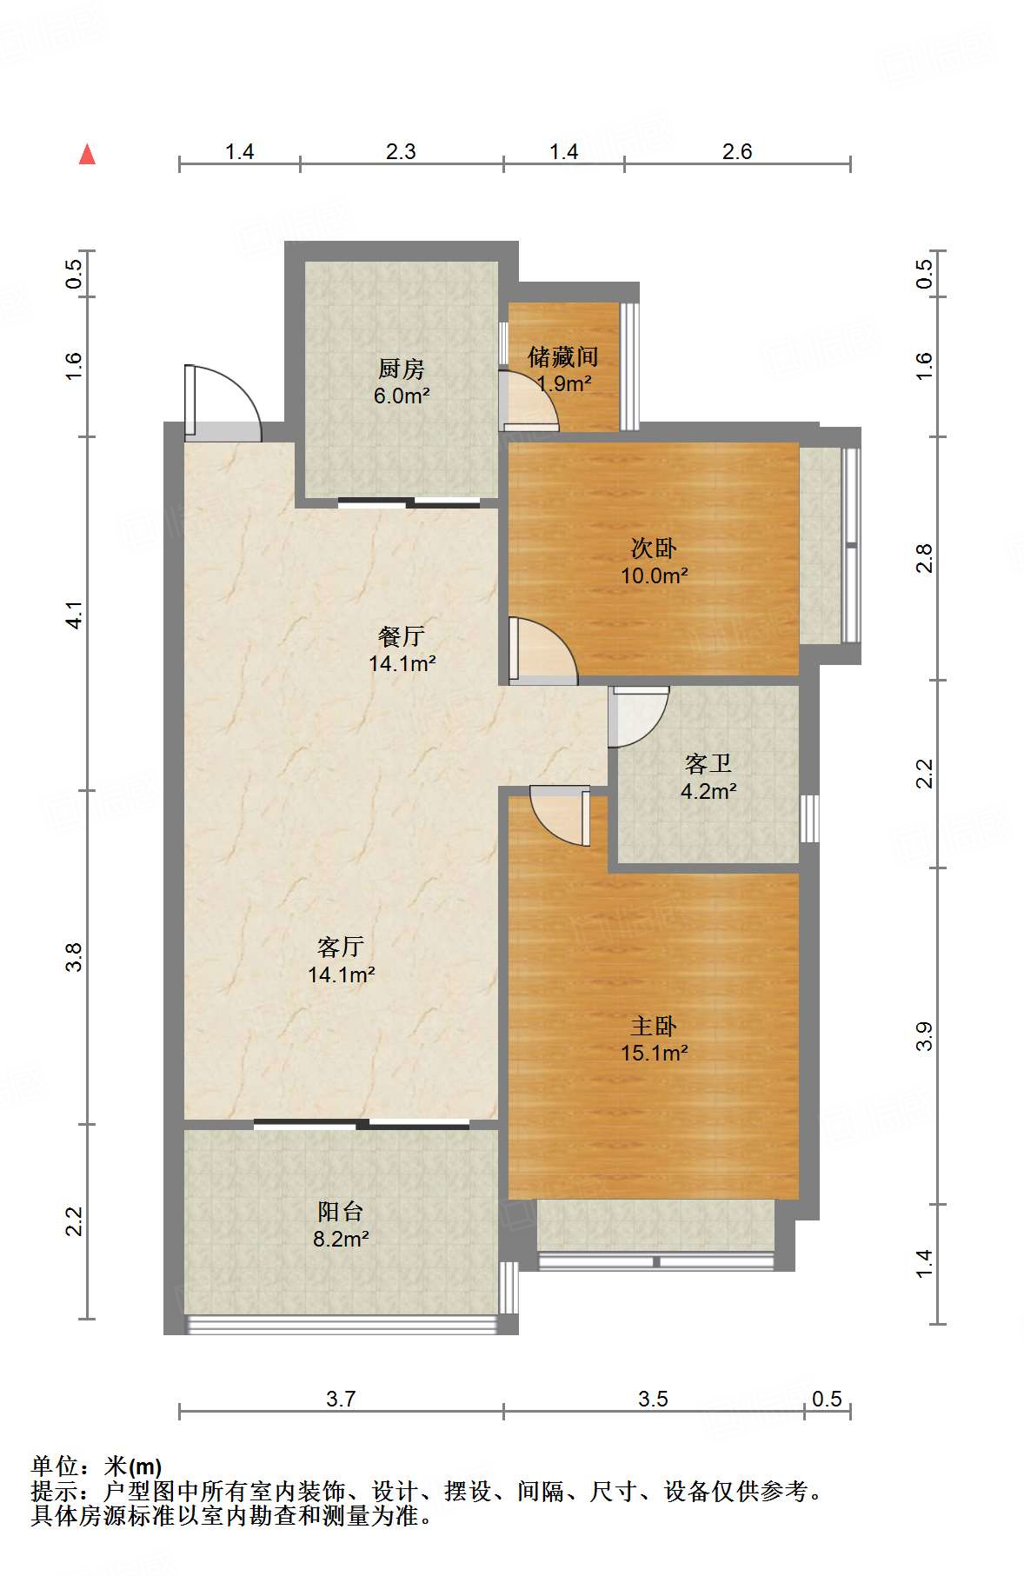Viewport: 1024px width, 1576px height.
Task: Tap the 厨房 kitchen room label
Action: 402,369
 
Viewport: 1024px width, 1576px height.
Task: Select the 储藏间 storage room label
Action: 563,356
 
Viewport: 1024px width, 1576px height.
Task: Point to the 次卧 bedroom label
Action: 654,548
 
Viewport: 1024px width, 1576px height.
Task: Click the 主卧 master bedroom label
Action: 654,1026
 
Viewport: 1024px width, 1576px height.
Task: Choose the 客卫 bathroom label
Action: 708,763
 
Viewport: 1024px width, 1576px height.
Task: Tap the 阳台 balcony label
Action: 340,1211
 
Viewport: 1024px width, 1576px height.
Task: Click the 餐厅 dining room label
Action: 402,635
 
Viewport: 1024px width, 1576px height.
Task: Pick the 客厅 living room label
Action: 341,946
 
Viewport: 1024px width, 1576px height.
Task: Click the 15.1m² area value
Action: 655,1053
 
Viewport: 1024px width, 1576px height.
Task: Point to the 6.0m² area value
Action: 402,396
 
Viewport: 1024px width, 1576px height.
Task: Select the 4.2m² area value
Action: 708,791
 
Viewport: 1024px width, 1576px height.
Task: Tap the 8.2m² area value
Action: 341,1239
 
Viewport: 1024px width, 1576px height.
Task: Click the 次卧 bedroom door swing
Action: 543,648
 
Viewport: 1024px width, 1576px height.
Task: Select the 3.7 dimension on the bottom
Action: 341,1399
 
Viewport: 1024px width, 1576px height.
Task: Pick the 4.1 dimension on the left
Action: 75,615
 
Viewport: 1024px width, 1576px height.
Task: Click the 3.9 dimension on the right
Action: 924,1035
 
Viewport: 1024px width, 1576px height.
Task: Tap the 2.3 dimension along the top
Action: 401,151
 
